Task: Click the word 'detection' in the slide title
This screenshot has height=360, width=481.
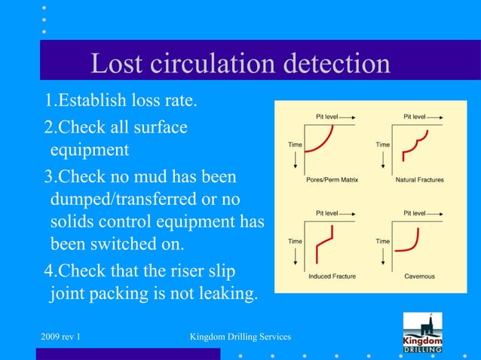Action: tap(336, 65)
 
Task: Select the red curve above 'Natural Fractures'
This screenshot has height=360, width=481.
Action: tap(414, 146)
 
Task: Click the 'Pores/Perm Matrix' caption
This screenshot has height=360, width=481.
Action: tap(332, 181)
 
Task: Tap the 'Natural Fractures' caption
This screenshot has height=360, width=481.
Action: tap(419, 181)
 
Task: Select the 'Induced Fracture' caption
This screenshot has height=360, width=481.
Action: tap(332, 276)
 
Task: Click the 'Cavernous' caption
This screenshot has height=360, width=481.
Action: tap(419, 276)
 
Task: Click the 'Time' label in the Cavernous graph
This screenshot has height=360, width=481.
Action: tap(383, 241)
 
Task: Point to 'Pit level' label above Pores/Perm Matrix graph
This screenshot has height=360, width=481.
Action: tap(326, 117)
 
